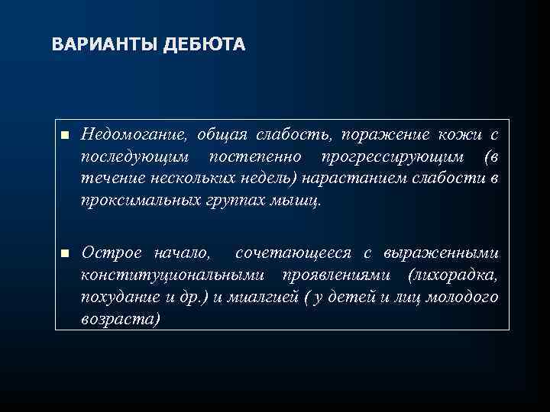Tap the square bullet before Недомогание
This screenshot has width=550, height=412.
(x=66, y=136)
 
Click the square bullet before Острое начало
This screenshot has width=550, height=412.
(x=66, y=253)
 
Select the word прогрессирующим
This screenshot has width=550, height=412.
(x=388, y=157)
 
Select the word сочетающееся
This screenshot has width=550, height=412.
(x=283, y=252)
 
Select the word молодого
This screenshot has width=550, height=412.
(x=465, y=296)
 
